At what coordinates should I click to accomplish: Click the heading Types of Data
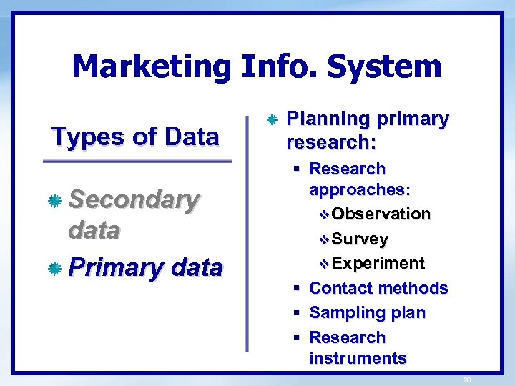135,135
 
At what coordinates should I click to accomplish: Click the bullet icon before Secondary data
54,202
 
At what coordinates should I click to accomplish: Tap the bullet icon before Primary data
54,269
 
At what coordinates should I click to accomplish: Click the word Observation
381,214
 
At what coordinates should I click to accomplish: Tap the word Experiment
378,264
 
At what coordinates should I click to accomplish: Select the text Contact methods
378,288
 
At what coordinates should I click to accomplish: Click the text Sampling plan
367,313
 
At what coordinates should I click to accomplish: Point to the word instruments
358,358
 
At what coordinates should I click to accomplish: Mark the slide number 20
467,380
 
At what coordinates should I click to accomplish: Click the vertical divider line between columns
247,229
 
